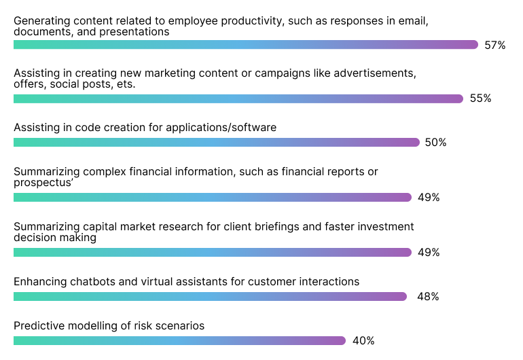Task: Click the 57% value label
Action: pyautogui.click(x=495, y=46)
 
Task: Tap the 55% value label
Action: pyautogui.click(x=480, y=98)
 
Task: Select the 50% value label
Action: pyautogui.click(x=436, y=143)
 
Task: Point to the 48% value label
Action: pyautogui.click(x=429, y=297)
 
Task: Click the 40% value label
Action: pyautogui.click(x=363, y=341)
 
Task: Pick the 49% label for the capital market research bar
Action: pyautogui.click(x=429, y=253)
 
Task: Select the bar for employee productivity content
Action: pyautogui.click(x=245, y=45)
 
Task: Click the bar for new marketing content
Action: pyautogui.click(x=238, y=98)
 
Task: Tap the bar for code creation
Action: pyautogui.click(x=216, y=143)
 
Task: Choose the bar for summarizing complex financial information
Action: pyautogui.click(x=212, y=198)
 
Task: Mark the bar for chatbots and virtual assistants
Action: pyautogui.click(x=210, y=297)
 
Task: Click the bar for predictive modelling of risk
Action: pyautogui.click(x=179, y=341)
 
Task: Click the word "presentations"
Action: pyautogui.click(x=138, y=32)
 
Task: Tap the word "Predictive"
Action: pyautogui.click(x=37, y=325)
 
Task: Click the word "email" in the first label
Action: pyautogui.click(x=414, y=21)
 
